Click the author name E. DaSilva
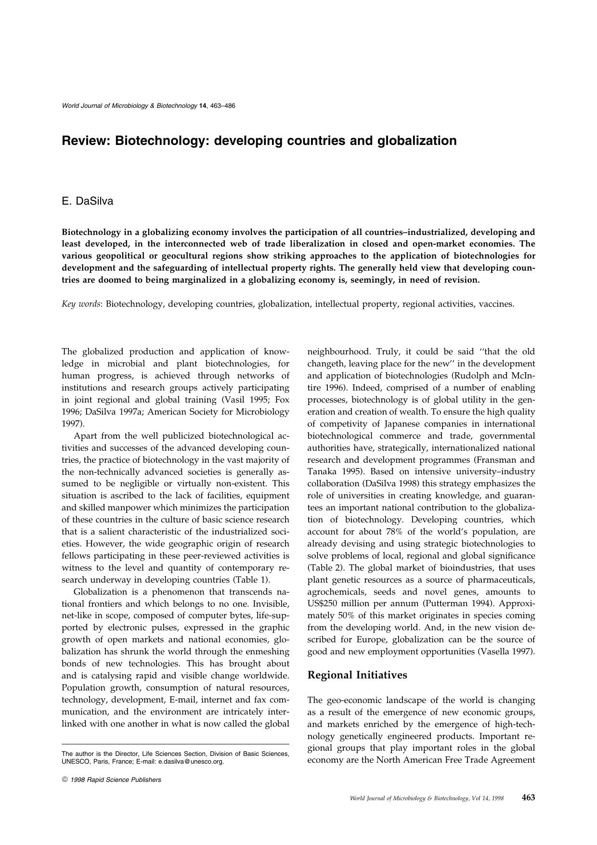[87, 202]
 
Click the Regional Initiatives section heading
[357, 675]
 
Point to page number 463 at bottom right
[528, 797]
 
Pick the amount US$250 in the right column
[325, 604]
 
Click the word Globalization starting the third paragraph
[103, 592]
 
